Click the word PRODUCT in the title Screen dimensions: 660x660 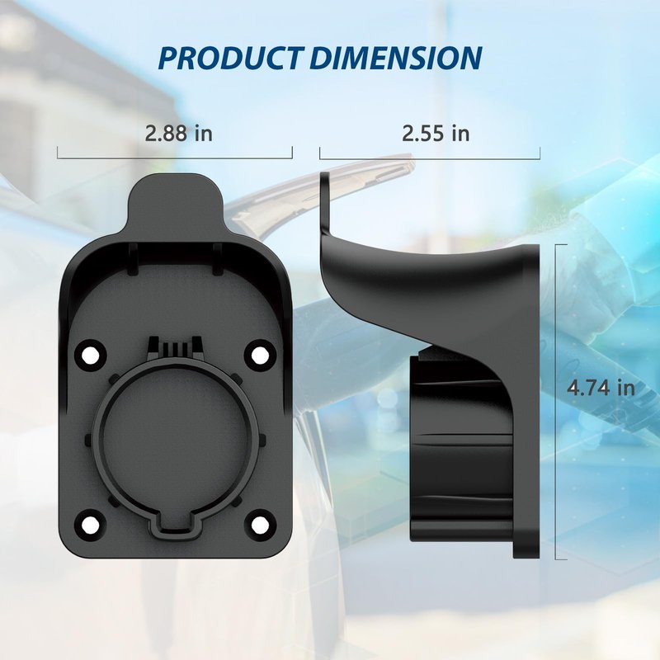pos(231,58)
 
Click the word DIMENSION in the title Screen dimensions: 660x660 pos(396,58)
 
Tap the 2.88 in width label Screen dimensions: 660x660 pos(178,133)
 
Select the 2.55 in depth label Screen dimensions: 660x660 pos(436,133)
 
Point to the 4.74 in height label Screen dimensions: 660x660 pos(601,388)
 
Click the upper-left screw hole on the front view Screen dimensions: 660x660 pos(91,356)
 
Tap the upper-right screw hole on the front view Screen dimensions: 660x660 pos(260,356)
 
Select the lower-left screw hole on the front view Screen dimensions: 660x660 pos(91,525)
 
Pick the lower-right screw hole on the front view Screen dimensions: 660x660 pos(260,525)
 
